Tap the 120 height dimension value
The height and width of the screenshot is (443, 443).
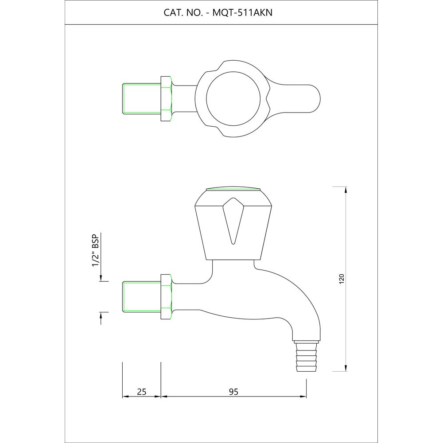(341, 279)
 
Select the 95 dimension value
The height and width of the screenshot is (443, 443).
(233, 391)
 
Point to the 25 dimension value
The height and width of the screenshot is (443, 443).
(142, 391)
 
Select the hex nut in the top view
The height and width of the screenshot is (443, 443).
(166, 98)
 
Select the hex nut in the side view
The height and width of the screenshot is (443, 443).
(166, 297)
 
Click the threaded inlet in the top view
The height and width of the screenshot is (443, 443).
(141, 98)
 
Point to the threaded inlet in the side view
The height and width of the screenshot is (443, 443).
(141, 297)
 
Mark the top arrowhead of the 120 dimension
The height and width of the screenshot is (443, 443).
(346, 190)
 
